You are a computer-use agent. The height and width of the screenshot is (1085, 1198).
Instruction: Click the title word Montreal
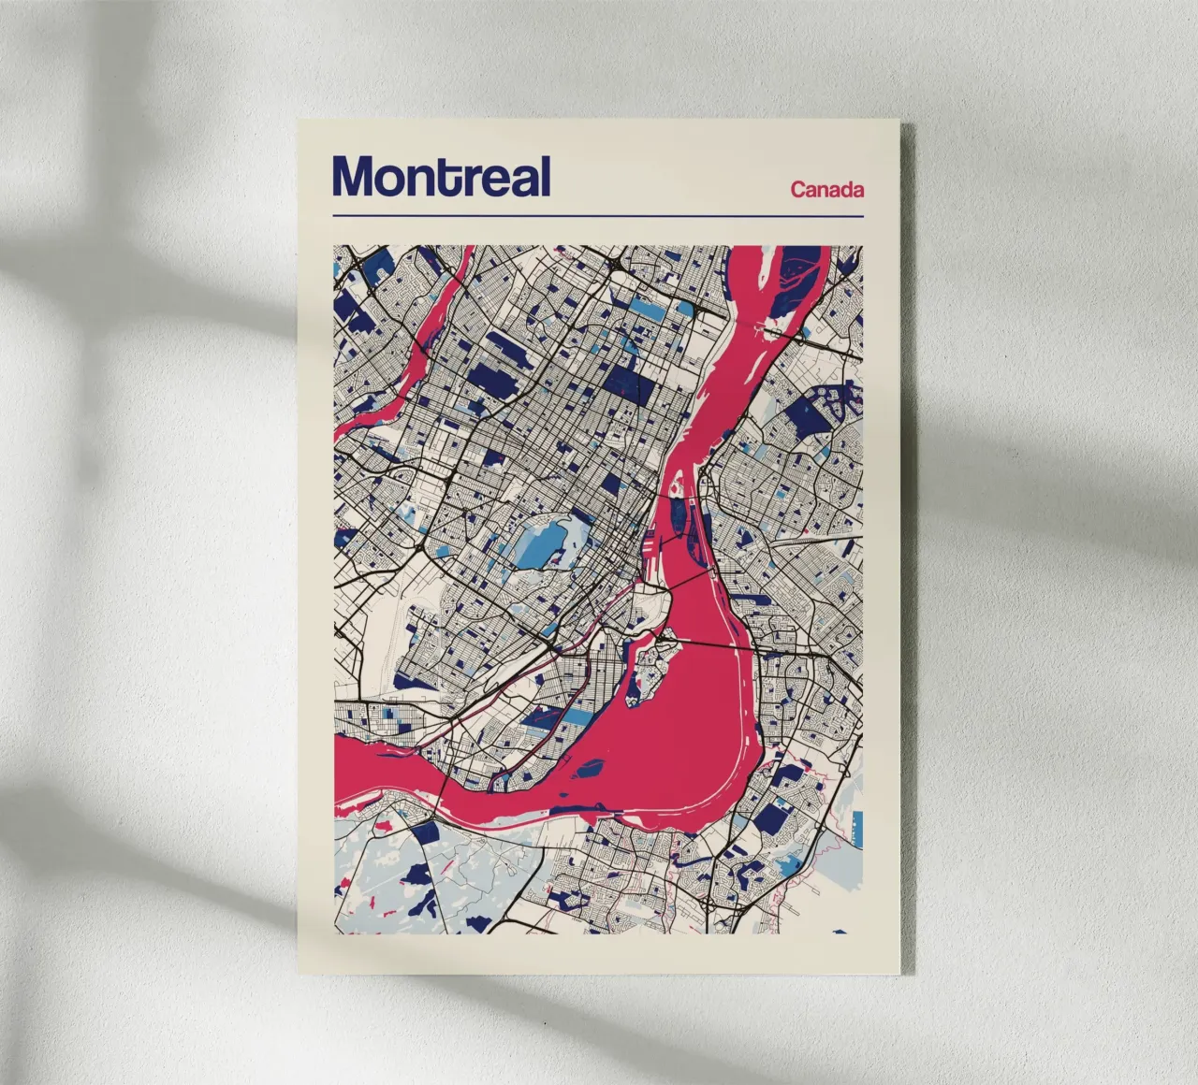click(441, 176)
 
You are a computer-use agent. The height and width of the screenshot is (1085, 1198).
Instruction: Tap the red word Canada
click(826, 190)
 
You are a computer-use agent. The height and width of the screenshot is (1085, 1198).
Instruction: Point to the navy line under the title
click(597, 217)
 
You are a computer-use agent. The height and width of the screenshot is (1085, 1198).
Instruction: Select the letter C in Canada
click(798, 190)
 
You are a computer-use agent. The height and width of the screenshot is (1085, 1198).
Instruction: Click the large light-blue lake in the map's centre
click(541, 543)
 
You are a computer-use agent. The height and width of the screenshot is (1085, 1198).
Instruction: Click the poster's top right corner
click(900, 121)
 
